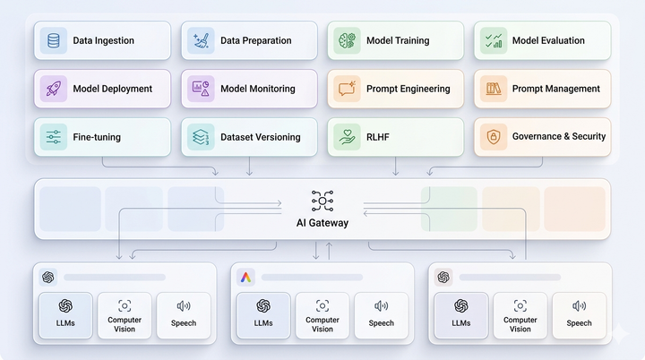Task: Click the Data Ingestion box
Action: tap(104, 40)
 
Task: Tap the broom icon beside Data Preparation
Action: tap(201, 40)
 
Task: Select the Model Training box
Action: tap(395, 40)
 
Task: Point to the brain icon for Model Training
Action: tap(347, 40)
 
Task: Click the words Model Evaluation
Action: tap(548, 40)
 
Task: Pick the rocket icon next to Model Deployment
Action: tap(55, 89)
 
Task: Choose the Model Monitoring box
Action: tap(249, 89)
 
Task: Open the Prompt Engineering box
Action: tap(395, 89)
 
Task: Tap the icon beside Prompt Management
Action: tap(493, 89)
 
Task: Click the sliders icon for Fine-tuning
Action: tap(55, 137)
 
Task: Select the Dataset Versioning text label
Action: tap(261, 137)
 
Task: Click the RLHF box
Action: tap(395, 137)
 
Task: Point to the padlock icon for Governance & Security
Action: tap(493, 137)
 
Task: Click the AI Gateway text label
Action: tap(322, 223)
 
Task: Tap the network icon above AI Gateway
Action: tap(322, 201)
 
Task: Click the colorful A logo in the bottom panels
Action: tap(245, 278)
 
